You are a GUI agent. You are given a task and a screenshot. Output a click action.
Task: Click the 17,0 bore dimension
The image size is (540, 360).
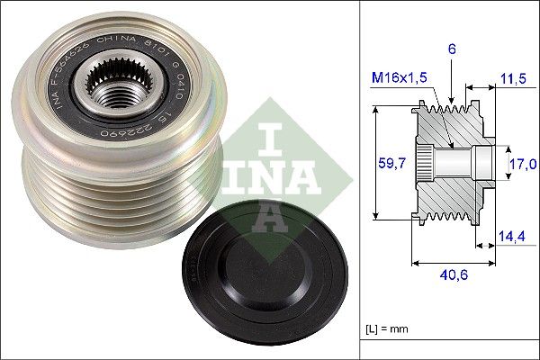[x=523, y=164]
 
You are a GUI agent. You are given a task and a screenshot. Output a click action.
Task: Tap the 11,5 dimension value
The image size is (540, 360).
[x=513, y=80]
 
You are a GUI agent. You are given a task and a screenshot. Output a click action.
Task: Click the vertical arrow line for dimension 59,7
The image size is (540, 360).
[x=372, y=163]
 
